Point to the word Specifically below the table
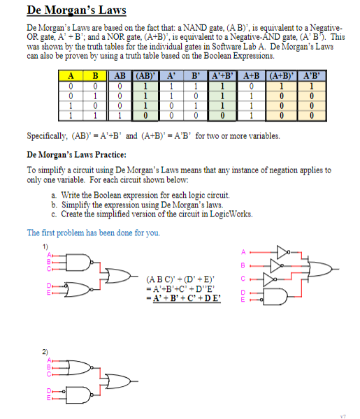tap(50, 136)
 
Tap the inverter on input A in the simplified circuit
tap(282, 251)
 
